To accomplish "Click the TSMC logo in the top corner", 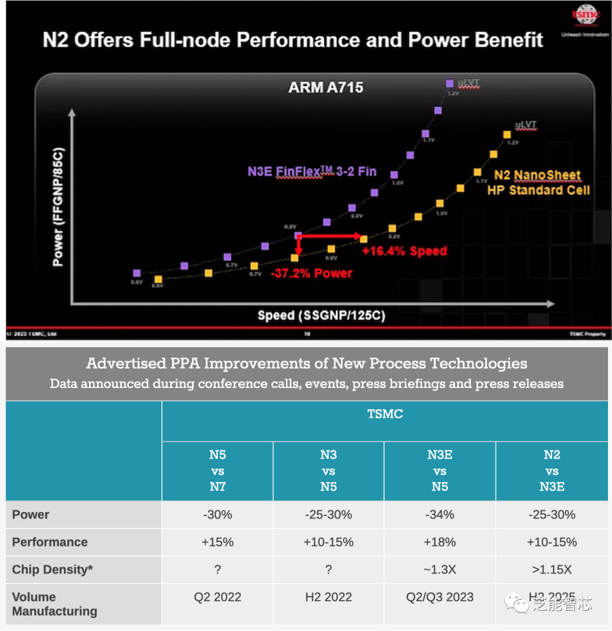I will pos(585,16).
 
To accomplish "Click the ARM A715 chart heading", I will pos(325,87).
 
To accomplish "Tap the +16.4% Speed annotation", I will pos(405,251).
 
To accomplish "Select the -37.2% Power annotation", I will pos(312,273).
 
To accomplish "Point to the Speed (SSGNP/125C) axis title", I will pos(321,315).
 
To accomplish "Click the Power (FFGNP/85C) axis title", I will pos(58,207).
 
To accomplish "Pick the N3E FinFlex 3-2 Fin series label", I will pos(312,171).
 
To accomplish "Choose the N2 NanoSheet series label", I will pos(538,182).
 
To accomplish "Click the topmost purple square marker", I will pos(450,84).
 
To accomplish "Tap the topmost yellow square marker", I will pos(505,134).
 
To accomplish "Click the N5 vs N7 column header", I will pos(217,471).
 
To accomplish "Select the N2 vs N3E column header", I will pos(551,471).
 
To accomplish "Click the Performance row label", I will pos(50,542).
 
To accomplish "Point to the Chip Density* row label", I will pos(52,570).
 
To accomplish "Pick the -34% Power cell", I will pos(440,515).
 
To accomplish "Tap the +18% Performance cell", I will pos(440,542).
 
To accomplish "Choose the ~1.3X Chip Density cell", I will pos(440,570).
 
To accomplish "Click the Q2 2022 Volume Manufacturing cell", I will pos(217,597).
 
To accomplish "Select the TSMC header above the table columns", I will pos(385,415).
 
